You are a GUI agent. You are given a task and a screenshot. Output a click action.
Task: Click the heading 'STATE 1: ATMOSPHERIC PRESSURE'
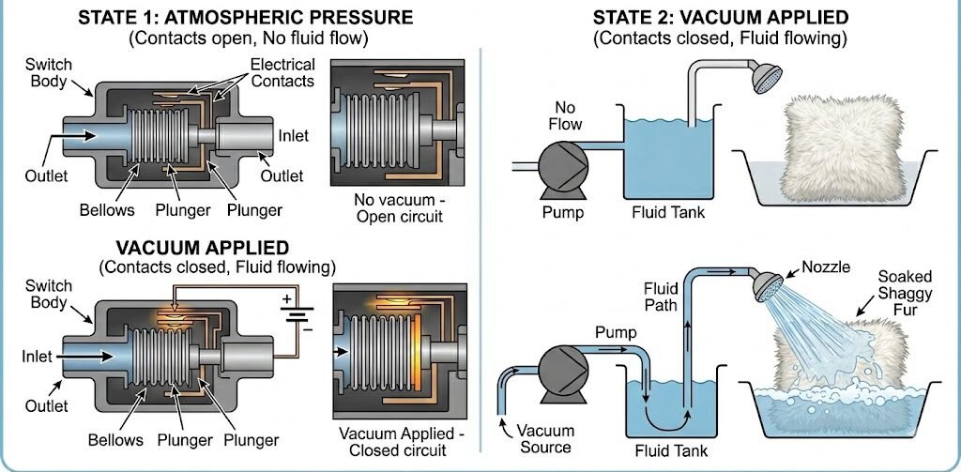[246, 17]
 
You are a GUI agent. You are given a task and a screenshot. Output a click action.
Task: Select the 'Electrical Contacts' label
[283, 72]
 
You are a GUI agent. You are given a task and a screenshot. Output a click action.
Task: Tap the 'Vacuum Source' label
[546, 438]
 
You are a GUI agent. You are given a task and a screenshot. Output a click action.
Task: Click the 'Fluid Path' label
[661, 296]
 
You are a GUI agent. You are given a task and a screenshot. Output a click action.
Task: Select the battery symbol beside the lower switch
[297, 313]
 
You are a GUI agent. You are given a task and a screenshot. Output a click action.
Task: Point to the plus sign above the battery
[286, 299]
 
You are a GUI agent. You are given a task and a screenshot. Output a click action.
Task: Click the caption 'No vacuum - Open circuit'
[398, 207]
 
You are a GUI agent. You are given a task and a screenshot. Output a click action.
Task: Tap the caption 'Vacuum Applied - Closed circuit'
[402, 441]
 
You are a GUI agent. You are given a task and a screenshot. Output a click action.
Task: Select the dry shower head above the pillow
[767, 78]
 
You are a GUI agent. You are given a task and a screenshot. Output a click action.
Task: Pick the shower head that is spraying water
[768, 285]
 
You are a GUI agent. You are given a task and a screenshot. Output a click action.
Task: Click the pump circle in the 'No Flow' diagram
[563, 164]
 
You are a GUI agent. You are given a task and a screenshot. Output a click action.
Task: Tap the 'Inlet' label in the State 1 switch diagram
[294, 135]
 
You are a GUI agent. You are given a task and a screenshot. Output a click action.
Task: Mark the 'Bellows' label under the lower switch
[115, 439]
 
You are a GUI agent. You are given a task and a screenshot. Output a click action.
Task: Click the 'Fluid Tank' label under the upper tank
[668, 213]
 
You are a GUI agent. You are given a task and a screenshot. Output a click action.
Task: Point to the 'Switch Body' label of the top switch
[49, 72]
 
